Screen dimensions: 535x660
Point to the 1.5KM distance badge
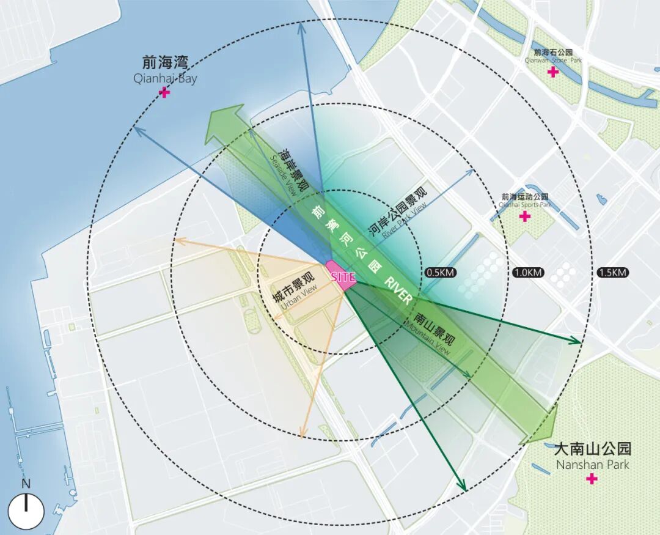(x=612, y=272)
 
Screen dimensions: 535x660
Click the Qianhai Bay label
(x=165, y=70)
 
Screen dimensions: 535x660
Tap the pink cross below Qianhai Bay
(x=164, y=92)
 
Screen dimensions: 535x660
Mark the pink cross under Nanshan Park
(x=592, y=479)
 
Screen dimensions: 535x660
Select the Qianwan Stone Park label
(x=553, y=56)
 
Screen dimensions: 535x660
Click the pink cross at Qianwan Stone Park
(x=553, y=72)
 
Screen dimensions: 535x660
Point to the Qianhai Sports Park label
(x=525, y=201)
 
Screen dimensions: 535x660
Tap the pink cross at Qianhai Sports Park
(x=524, y=216)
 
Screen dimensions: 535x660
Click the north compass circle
(x=26, y=511)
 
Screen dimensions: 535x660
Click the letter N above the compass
(x=26, y=484)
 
